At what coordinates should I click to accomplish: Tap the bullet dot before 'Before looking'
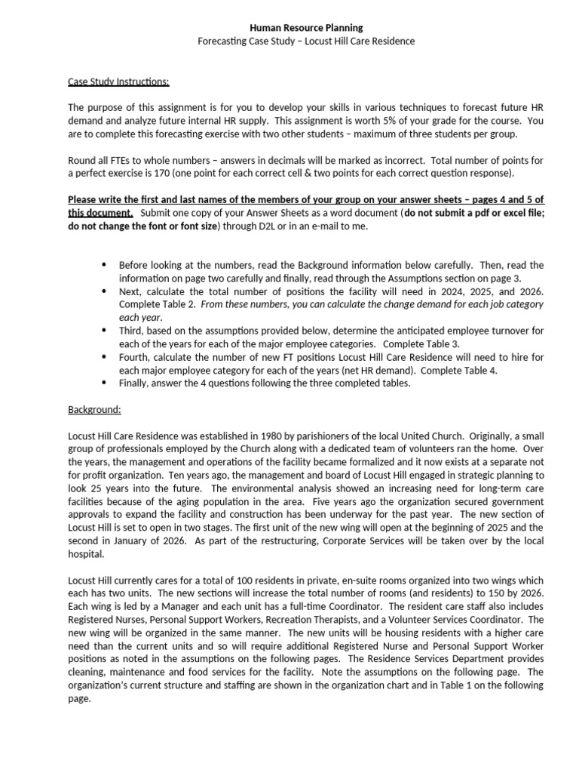point(103,265)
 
